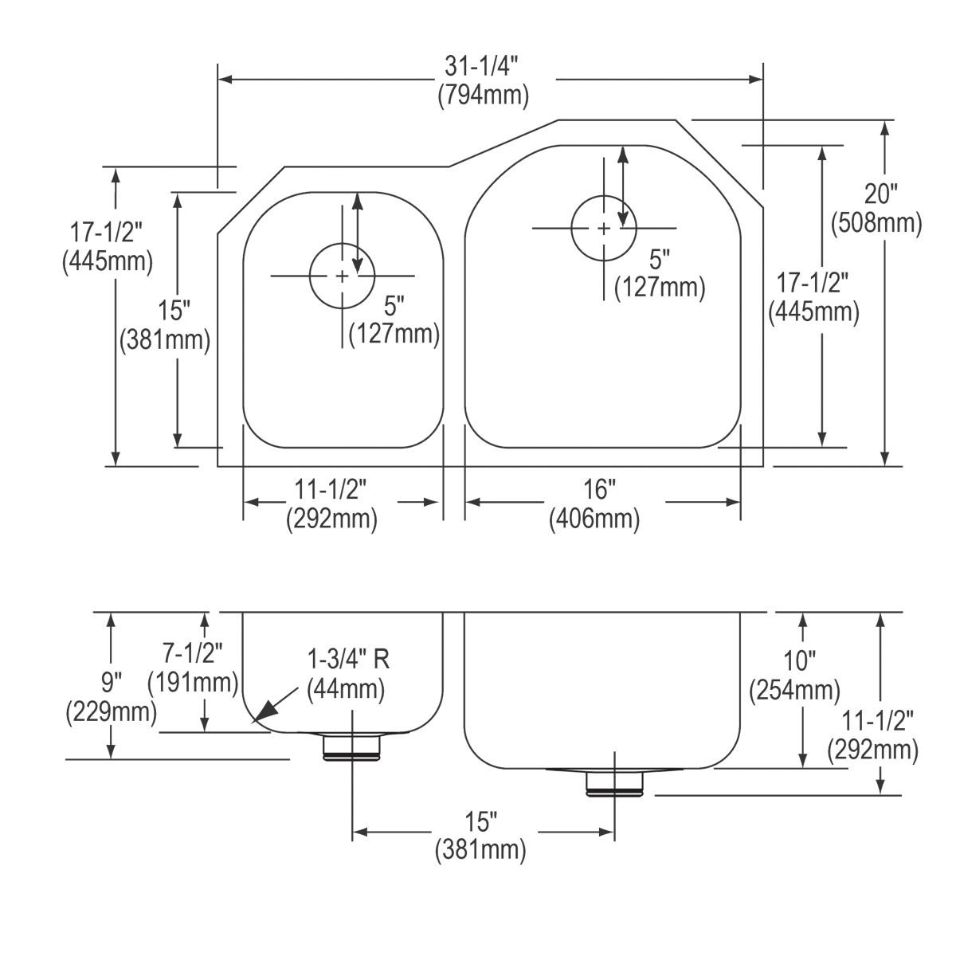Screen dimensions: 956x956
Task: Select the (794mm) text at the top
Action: click(483, 96)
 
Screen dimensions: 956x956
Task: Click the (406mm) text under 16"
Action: click(594, 519)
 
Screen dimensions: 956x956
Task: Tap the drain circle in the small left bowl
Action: click(342, 276)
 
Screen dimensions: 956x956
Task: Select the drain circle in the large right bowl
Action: click(604, 229)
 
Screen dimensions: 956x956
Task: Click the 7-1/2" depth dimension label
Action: click(193, 653)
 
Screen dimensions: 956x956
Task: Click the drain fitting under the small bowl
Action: click(351, 747)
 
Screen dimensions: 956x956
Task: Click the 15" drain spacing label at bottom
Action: click(480, 821)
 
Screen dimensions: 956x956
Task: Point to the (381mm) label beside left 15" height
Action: click(164, 340)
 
